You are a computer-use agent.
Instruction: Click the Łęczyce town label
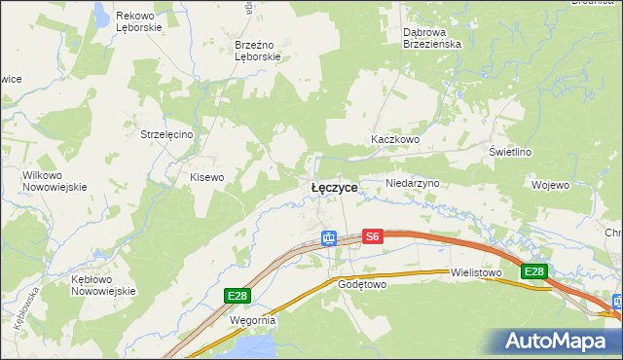pos(334,187)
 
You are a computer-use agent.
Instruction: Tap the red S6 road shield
pos(373,236)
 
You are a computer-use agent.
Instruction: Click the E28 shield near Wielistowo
pos(533,272)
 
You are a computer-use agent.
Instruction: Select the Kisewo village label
pos(206,177)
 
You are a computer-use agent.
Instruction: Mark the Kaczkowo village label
pos(394,140)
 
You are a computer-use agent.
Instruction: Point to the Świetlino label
pos(509,153)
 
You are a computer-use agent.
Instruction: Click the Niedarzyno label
pos(413,183)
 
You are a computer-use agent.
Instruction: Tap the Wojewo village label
pos(550,184)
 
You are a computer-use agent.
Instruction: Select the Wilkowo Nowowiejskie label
pos(55,181)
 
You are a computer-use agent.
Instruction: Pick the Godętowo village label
pos(362,284)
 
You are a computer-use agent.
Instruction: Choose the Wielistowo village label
pos(475,273)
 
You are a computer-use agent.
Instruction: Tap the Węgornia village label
pos(253,319)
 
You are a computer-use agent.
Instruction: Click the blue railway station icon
pos(329,237)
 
